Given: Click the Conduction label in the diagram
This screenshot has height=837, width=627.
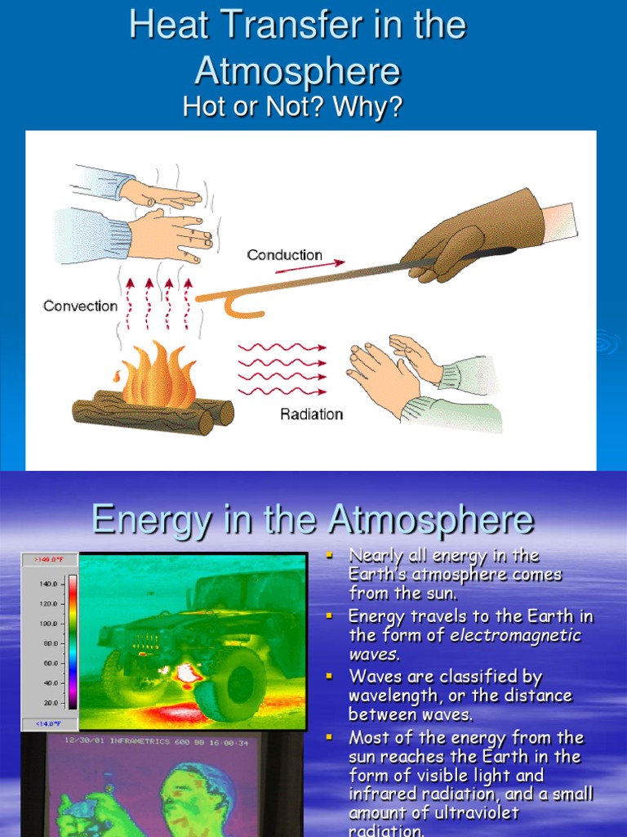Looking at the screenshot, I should (284, 255).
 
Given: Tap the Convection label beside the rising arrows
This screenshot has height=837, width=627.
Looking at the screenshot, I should (80, 306).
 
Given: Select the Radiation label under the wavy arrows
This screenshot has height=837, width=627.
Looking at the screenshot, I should (311, 414).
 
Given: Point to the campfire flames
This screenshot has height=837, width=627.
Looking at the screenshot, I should (158, 375).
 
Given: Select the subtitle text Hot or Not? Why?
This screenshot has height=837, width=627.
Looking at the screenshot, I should (293, 106).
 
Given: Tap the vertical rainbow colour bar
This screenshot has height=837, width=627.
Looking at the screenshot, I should (72, 642).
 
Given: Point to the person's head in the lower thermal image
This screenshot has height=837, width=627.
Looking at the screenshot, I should (193, 793).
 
